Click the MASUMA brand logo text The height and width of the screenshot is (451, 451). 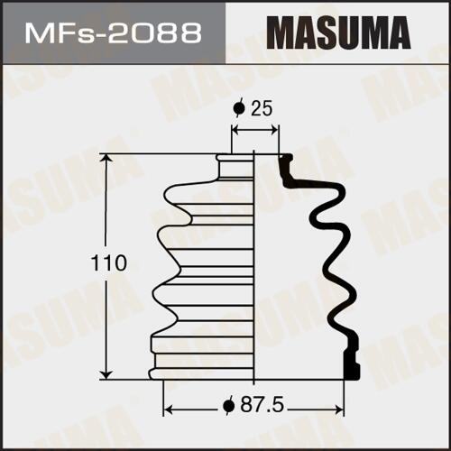(x=338, y=32)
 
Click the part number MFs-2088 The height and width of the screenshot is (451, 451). (x=114, y=32)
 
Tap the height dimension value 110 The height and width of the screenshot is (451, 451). (x=109, y=262)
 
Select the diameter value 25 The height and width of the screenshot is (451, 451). (x=262, y=108)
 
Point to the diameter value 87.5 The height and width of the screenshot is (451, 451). (x=262, y=406)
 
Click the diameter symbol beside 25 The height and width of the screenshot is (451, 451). (x=239, y=108)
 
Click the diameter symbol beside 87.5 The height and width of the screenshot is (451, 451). (x=228, y=406)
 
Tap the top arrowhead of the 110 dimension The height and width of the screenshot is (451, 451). (x=106, y=160)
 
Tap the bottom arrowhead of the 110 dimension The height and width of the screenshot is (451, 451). (x=106, y=374)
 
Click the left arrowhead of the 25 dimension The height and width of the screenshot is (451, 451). (x=236, y=131)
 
